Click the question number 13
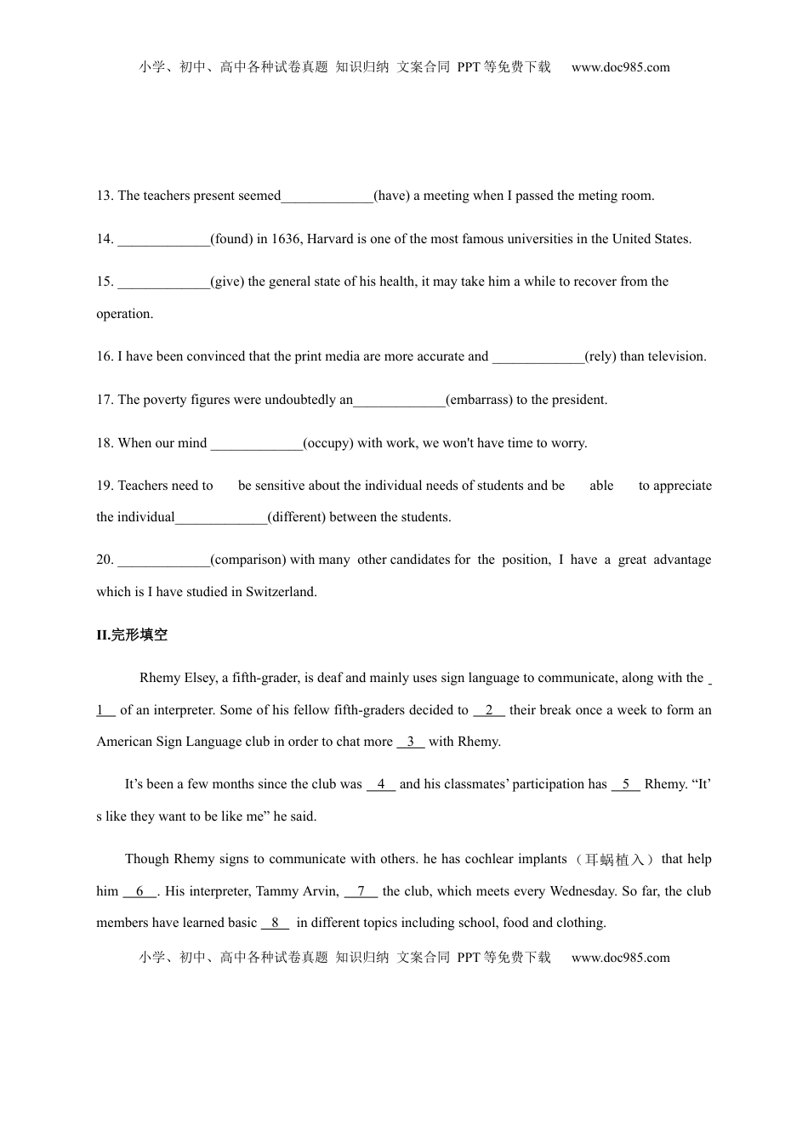(105, 196)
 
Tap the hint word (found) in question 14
(232, 239)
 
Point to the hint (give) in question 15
(227, 281)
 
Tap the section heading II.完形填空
(132, 635)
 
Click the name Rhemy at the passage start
(160, 678)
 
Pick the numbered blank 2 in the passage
(489, 710)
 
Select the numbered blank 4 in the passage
(381, 784)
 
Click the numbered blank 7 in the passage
(361, 891)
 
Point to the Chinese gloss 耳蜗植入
(616, 860)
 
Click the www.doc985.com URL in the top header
(620, 67)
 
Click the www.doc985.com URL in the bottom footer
(620, 958)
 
